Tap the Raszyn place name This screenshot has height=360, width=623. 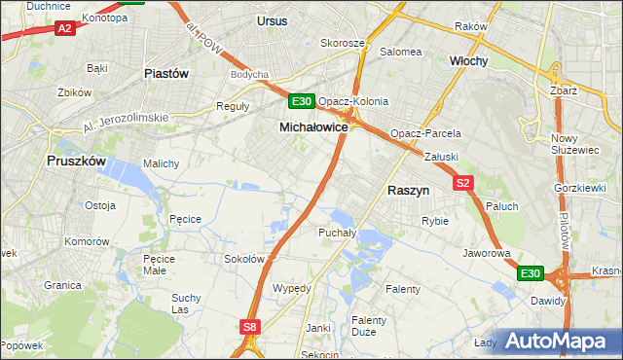pyautogui.click(x=409, y=192)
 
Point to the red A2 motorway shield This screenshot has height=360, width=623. pyautogui.click(x=64, y=29)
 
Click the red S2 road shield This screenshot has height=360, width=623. pyautogui.click(x=463, y=182)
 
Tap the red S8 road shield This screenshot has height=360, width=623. pyautogui.click(x=250, y=328)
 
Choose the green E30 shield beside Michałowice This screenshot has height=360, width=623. pyautogui.click(x=301, y=101)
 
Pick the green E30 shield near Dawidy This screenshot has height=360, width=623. pyautogui.click(x=530, y=274)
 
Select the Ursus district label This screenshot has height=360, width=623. pyautogui.click(x=272, y=20)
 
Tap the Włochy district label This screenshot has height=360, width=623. pyautogui.click(x=468, y=60)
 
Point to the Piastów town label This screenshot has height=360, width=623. pyautogui.click(x=165, y=73)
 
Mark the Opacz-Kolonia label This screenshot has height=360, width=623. pyautogui.click(x=353, y=101)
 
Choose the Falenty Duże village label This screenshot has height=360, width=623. pyautogui.click(x=369, y=326)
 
